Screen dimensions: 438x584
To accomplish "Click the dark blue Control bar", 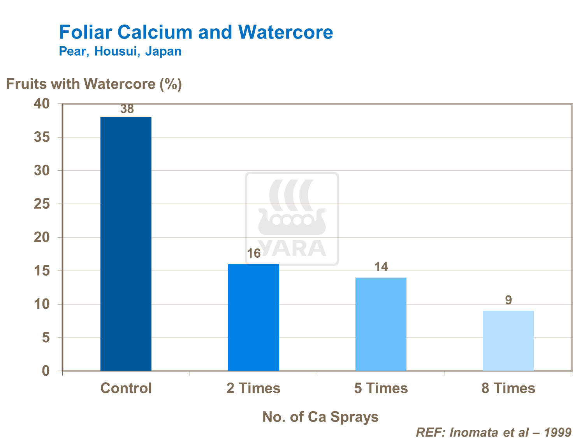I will tap(126, 243).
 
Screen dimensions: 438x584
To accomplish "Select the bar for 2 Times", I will tap(253, 317).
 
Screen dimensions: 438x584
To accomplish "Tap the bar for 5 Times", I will tap(381, 324).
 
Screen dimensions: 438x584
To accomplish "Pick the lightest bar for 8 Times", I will tap(508, 340).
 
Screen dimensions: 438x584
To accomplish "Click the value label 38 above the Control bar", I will tap(127, 109).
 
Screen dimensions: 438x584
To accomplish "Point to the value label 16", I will tap(254, 254).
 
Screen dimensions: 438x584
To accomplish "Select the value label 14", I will tap(381, 267).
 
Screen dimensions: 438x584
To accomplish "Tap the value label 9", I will tap(508, 300).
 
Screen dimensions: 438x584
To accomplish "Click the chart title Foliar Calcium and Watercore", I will tap(196, 32).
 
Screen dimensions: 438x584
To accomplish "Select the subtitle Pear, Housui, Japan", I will tap(120, 51).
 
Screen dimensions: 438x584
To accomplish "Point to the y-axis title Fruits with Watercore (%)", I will tap(94, 84).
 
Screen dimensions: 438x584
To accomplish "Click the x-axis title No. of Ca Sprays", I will tap(320, 417).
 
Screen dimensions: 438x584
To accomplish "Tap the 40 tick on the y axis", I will tap(42, 104).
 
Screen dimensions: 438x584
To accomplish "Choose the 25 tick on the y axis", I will tap(42, 204).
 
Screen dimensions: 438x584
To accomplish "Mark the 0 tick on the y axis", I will tap(46, 371).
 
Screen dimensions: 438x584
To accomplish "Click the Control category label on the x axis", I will tap(126, 388).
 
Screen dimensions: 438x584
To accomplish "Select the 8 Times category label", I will tap(508, 388).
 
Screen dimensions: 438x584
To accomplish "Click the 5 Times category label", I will tap(381, 388).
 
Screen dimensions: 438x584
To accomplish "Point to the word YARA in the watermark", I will tap(292, 248).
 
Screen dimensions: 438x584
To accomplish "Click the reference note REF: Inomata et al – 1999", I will tap(494, 432).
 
